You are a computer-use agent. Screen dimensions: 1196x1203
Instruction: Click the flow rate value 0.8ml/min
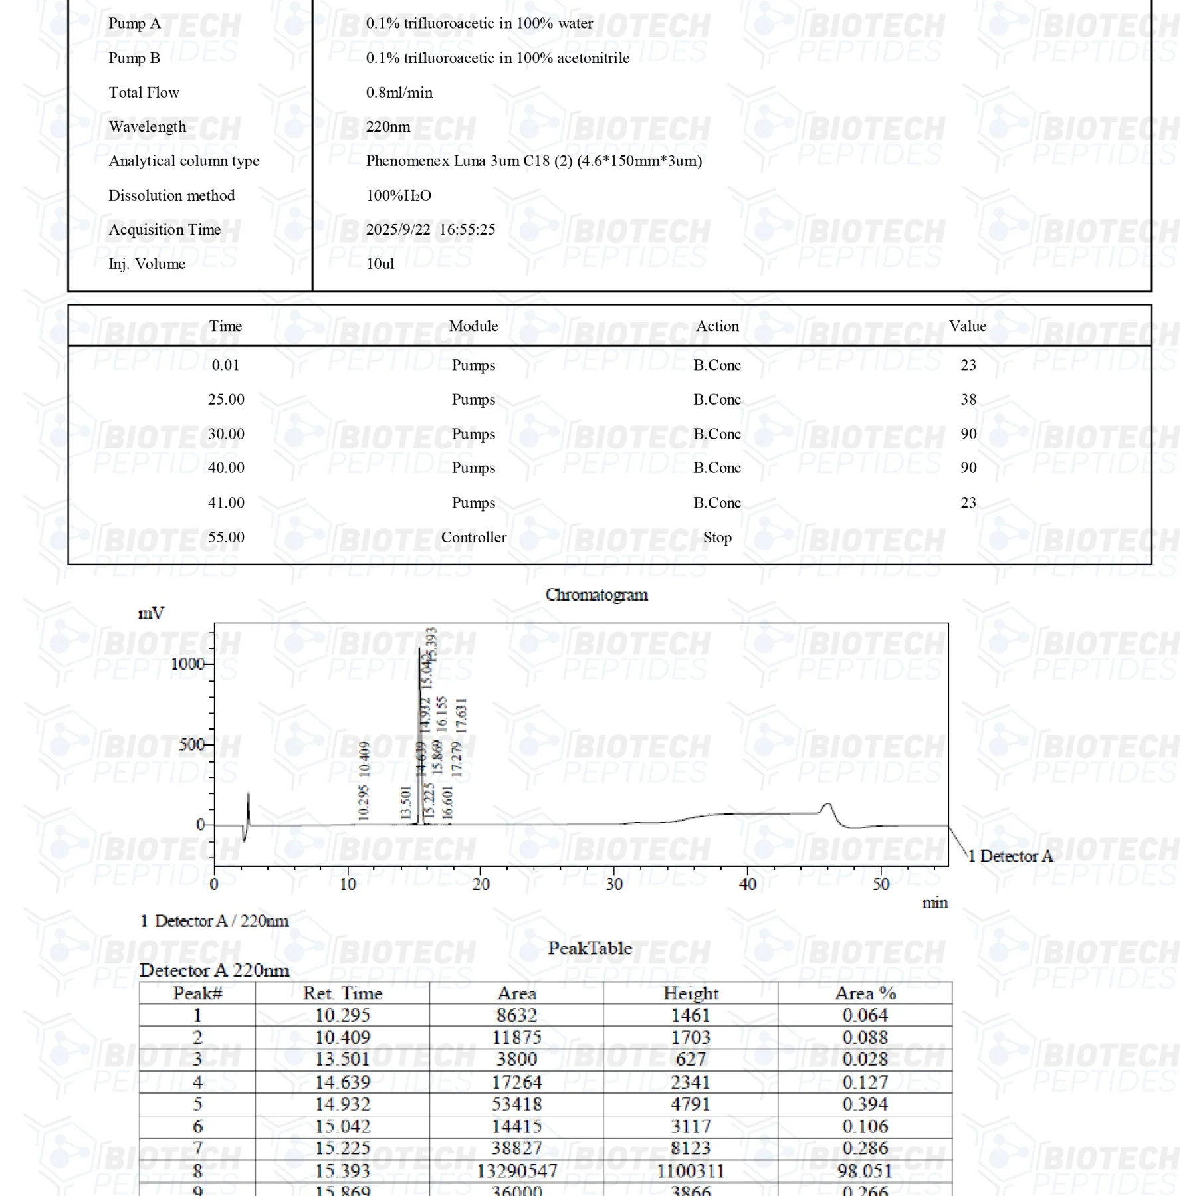coord(399,92)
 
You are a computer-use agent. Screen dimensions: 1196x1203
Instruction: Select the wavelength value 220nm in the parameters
coord(388,126)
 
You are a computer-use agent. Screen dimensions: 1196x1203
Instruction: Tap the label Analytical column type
coord(184,161)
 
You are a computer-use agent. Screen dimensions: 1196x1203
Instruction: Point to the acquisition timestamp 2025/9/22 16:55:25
coord(430,229)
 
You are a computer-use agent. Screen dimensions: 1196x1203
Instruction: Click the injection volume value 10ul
coord(380,264)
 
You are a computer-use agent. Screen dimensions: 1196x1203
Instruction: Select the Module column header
coord(473,326)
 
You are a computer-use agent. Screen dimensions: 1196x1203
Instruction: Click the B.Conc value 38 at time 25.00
coord(968,399)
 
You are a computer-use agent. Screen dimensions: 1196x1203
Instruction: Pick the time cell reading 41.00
coord(226,502)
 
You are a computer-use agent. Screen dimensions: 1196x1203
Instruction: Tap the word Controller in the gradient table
coord(473,537)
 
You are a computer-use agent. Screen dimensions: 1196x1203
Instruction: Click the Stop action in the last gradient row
coord(717,537)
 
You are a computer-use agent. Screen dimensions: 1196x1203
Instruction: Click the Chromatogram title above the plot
coord(596,595)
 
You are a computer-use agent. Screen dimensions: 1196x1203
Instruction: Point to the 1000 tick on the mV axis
coord(188,664)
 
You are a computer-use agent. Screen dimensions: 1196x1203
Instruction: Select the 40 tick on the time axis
coord(748,884)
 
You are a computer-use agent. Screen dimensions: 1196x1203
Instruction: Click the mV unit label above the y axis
coord(151,613)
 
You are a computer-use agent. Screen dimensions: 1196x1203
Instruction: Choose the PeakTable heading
coord(590,948)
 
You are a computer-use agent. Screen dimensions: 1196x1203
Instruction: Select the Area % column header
coord(865,993)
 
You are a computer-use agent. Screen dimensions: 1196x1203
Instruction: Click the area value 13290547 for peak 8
coord(516,1170)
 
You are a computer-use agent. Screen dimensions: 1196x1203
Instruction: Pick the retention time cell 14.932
coord(342,1104)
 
